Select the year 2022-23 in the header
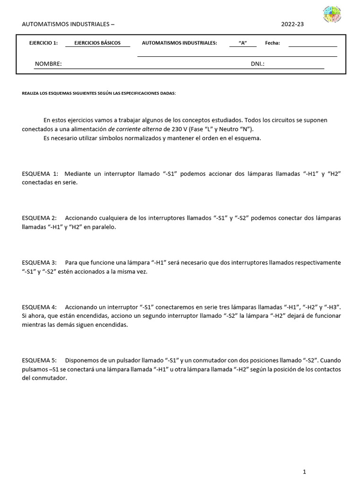pyautogui.click(x=293, y=24)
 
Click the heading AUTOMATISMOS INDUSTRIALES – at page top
pyautogui.click(x=68, y=24)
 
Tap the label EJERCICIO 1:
pyautogui.click(x=43, y=43)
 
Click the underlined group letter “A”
pyautogui.click(x=243, y=43)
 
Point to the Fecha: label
pyautogui.click(x=272, y=43)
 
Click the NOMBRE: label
pyautogui.click(x=48, y=64)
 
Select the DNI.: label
pyautogui.click(x=258, y=64)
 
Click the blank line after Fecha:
pyautogui.click(x=312, y=45)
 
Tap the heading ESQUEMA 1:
pyautogui.click(x=40, y=174)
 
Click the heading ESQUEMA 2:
pyautogui.click(x=40, y=218)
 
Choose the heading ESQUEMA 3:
pyautogui.click(x=40, y=262)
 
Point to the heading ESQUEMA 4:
pyautogui.click(x=40, y=307)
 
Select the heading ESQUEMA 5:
pyautogui.click(x=40, y=360)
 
